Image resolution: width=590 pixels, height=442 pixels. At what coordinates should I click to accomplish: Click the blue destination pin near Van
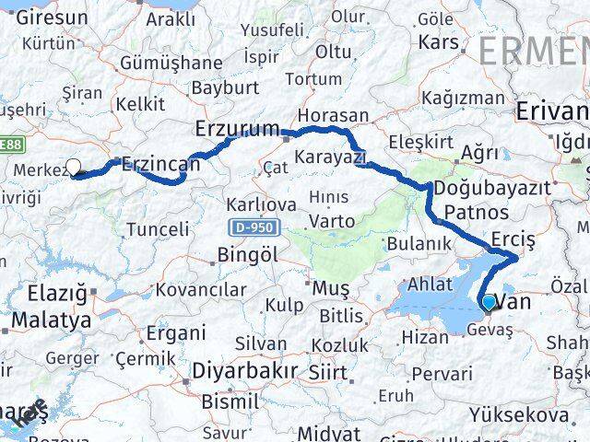488,302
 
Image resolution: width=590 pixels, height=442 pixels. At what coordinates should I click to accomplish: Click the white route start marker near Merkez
74,168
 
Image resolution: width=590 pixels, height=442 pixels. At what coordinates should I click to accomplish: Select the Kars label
438,41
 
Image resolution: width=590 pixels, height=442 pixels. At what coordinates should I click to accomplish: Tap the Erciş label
513,238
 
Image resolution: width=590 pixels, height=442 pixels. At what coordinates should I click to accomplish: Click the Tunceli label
158,228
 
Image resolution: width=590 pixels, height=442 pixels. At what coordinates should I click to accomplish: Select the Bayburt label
225,89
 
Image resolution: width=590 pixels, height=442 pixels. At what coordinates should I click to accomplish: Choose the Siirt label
328,373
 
